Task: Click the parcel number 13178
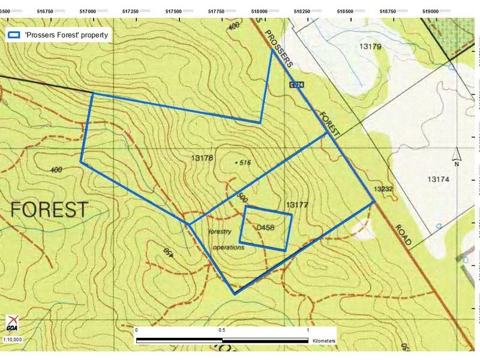202,158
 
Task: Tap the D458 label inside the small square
265,228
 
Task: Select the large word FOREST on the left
49,209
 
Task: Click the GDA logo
12,325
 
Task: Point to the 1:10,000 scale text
13,340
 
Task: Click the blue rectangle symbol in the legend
14,35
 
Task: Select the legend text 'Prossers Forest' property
67,35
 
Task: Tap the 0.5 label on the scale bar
222,331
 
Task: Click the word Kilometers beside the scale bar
324,341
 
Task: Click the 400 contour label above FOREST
56,170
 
